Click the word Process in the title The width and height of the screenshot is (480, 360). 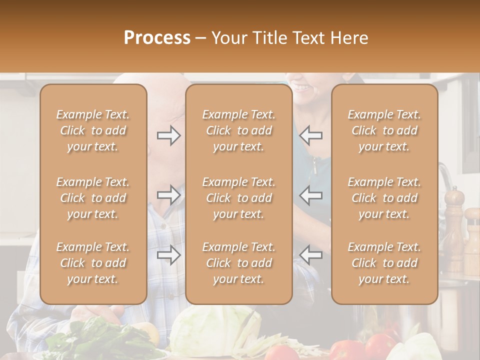(157, 38)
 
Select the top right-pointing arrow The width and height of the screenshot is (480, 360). (168, 135)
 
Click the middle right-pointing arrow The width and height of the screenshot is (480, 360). (168, 195)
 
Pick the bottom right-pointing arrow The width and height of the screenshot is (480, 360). (168, 255)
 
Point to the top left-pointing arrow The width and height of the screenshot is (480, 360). (311, 135)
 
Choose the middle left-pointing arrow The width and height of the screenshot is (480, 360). (311, 195)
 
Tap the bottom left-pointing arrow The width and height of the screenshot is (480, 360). (311, 255)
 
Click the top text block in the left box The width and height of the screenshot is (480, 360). (93, 130)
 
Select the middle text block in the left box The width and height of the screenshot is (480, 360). (93, 198)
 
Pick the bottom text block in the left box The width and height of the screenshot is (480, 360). (93, 263)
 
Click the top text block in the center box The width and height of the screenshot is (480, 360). (239, 130)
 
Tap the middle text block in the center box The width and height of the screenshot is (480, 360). (239, 198)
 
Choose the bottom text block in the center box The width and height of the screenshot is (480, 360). (239, 263)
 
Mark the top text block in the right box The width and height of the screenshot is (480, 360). (384, 130)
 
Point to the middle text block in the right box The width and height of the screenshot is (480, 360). (384, 198)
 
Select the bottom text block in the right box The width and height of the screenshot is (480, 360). (384, 263)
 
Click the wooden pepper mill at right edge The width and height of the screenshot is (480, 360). (453, 225)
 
